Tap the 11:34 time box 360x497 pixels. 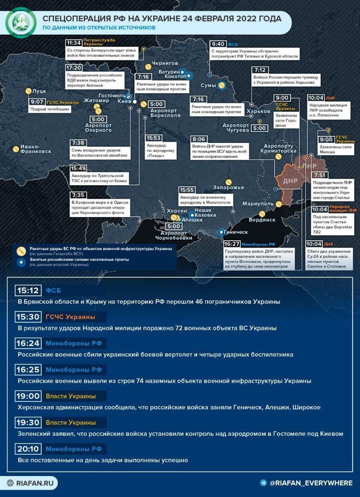(74, 43)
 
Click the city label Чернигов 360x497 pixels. (165, 63)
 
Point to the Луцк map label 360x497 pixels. (39, 91)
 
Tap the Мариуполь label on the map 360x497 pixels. (258, 204)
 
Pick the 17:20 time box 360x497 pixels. (74, 67)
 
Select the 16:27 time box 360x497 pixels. (231, 244)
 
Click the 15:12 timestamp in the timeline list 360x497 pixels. (28, 291)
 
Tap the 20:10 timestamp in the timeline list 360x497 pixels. (28, 449)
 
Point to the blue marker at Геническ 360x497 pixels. (222, 232)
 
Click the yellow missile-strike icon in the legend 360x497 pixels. (20, 250)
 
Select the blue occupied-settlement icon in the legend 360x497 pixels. (20, 261)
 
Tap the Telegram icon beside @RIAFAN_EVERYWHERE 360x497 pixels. (263, 483)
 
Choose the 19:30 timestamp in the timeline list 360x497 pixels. (28, 423)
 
